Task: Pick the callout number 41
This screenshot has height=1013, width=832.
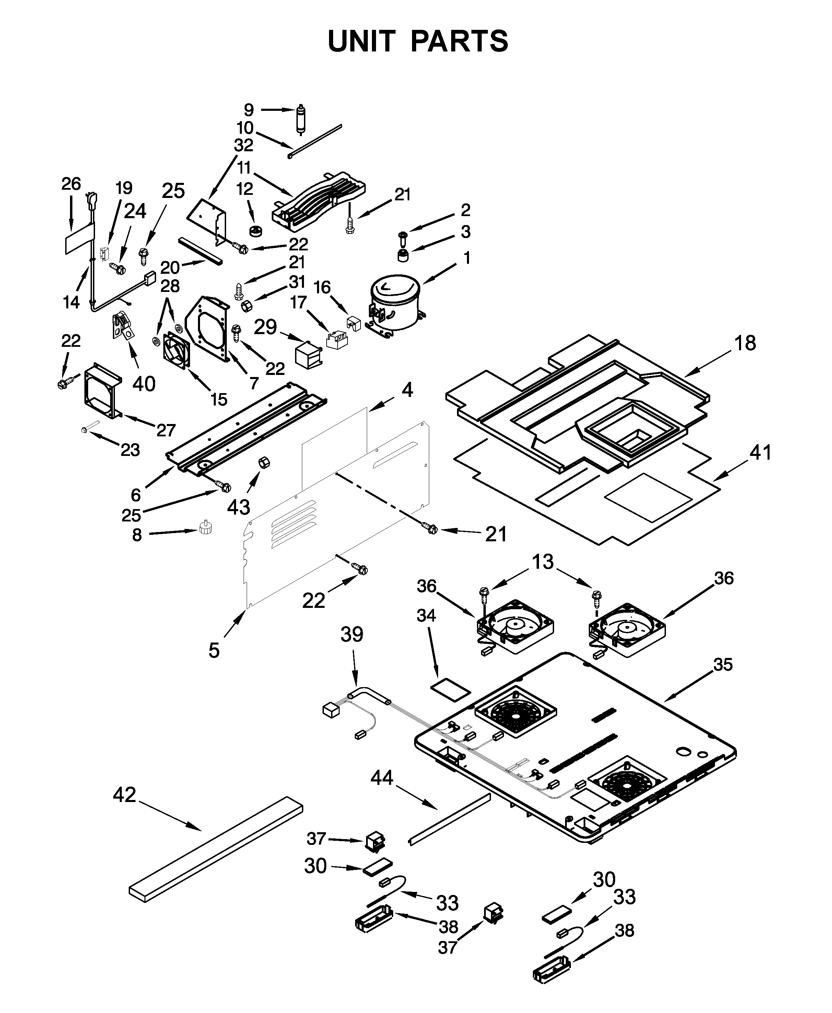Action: coord(761,452)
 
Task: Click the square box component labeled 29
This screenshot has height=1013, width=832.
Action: coord(308,355)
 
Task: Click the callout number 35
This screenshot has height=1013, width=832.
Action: coord(723,664)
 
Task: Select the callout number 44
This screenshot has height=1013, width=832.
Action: coord(382,778)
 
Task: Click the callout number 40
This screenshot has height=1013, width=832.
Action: coord(144,384)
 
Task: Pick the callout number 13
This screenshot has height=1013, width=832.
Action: coord(542,561)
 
